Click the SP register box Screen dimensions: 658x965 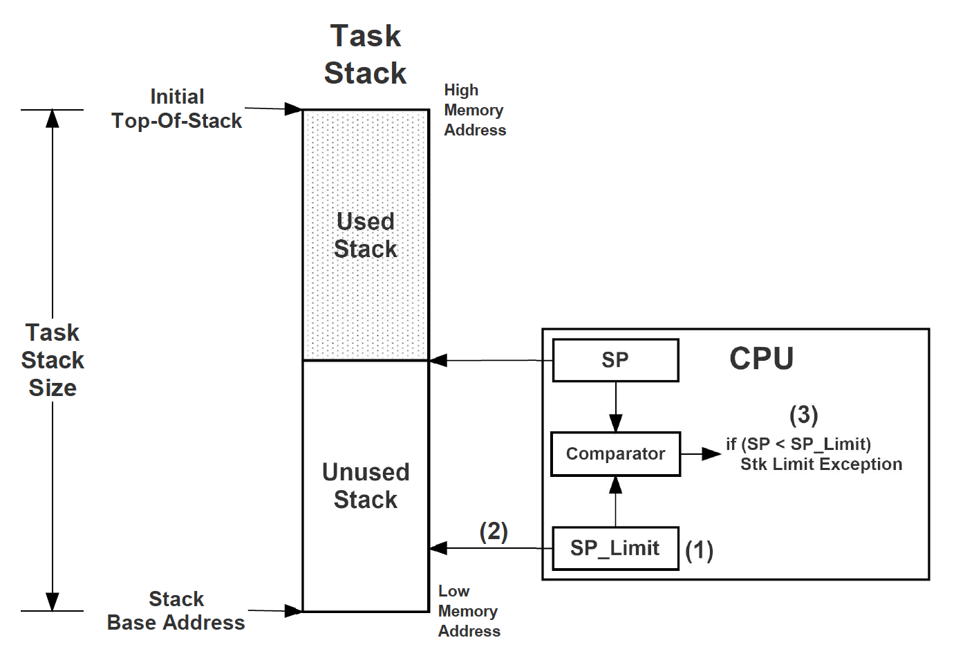coord(615,360)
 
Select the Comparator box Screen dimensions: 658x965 coord(615,454)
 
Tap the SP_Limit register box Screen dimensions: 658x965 coord(615,549)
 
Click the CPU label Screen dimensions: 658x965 coord(761,359)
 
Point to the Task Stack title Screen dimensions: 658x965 coord(365,55)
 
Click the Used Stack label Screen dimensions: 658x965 coord(365,235)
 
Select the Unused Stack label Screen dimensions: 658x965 coord(365,486)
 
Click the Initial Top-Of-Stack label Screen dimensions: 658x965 coord(177,109)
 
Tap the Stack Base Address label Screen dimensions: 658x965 coord(176,611)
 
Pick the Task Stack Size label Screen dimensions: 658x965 coord(53,360)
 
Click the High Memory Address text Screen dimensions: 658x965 coord(474,111)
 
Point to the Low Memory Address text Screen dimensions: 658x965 coord(469,611)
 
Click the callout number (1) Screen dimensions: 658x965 coord(699,550)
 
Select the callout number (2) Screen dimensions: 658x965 coord(494,532)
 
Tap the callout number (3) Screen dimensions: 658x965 coord(803,415)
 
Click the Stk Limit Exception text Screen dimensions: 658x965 coord(821,464)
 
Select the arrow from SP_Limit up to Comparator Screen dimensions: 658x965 coord(615,502)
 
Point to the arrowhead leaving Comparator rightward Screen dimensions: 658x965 coord(711,454)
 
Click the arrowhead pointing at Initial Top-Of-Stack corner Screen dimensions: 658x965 coord(294,109)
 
